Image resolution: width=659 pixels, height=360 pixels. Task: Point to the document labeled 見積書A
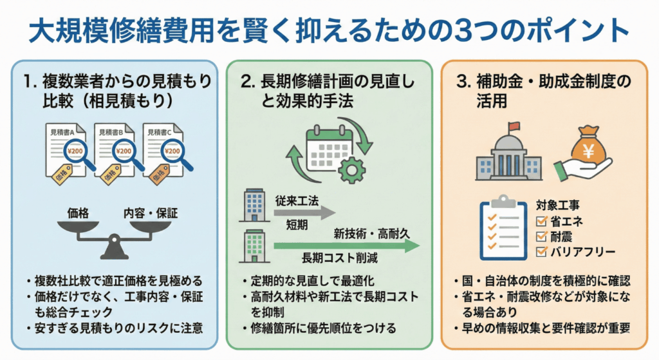(70, 148)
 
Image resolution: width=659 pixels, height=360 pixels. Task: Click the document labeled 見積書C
(163, 148)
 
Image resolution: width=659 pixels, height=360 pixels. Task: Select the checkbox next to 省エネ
(541, 222)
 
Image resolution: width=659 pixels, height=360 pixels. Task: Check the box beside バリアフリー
(541, 251)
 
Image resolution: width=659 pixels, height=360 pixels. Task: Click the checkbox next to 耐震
(541, 236)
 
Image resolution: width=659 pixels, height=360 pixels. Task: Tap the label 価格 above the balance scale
(79, 212)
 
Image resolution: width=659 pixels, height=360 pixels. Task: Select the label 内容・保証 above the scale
(151, 212)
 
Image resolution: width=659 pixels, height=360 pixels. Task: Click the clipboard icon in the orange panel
(501, 229)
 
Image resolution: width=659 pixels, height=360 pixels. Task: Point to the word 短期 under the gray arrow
(297, 226)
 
